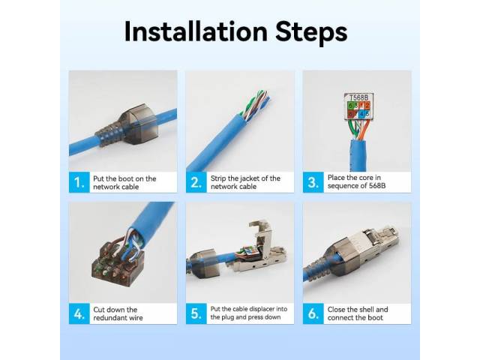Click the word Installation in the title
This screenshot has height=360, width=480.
(x=196, y=31)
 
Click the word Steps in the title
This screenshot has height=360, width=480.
(x=311, y=33)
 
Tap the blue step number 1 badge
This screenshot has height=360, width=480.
(x=79, y=182)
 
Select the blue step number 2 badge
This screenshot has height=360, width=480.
(x=196, y=182)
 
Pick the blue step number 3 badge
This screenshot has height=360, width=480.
(x=313, y=182)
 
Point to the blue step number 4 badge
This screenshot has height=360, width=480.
(x=79, y=313)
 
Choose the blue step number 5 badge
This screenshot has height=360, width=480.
(x=196, y=313)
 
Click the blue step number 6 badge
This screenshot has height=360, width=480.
(x=313, y=313)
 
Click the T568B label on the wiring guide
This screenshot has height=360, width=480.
(x=358, y=97)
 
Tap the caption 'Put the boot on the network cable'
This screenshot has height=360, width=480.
(x=124, y=183)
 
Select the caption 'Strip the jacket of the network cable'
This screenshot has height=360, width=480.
(x=245, y=182)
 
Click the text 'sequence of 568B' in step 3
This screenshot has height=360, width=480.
(x=356, y=186)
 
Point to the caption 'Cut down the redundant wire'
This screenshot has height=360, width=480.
(x=118, y=313)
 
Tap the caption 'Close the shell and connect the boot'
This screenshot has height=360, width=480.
(x=358, y=313)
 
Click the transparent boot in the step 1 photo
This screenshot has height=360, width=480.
(x=128, y=125)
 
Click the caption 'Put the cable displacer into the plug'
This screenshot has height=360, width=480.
(x=248, y=309)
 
